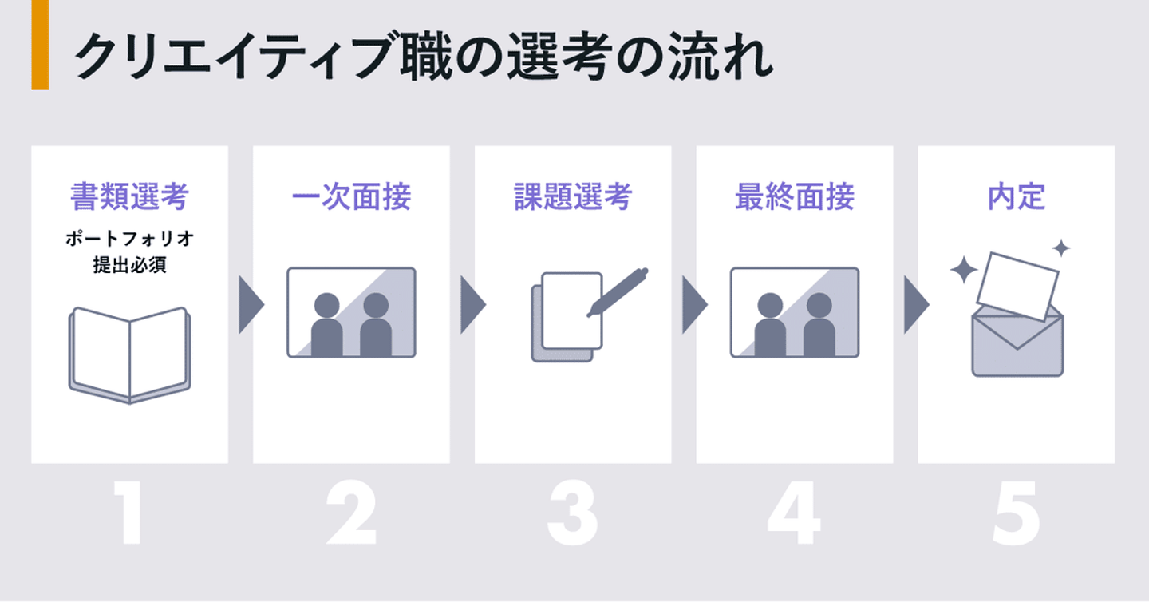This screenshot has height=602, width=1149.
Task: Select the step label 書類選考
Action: coord(129,196)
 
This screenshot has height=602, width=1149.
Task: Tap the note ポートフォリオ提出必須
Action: coord(129,252)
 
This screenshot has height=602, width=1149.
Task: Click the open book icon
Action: coord(129,354)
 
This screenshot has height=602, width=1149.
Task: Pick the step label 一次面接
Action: coord(351,196)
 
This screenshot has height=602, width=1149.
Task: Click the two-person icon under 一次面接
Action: coord(351,312)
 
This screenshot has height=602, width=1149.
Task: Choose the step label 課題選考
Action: coord(573,196)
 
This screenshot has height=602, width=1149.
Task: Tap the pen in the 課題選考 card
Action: coord(618,292)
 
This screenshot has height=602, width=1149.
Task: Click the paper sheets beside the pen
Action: coord(568,315)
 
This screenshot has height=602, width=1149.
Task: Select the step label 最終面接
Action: coord(795,196)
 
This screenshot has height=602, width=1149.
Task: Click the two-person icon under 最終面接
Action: coord(795,312)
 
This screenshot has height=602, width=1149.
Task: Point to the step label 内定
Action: coord(1017,196)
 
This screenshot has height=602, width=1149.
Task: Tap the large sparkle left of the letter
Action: coord(964,271)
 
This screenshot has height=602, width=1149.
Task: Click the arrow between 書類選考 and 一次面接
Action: coord(251,305)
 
